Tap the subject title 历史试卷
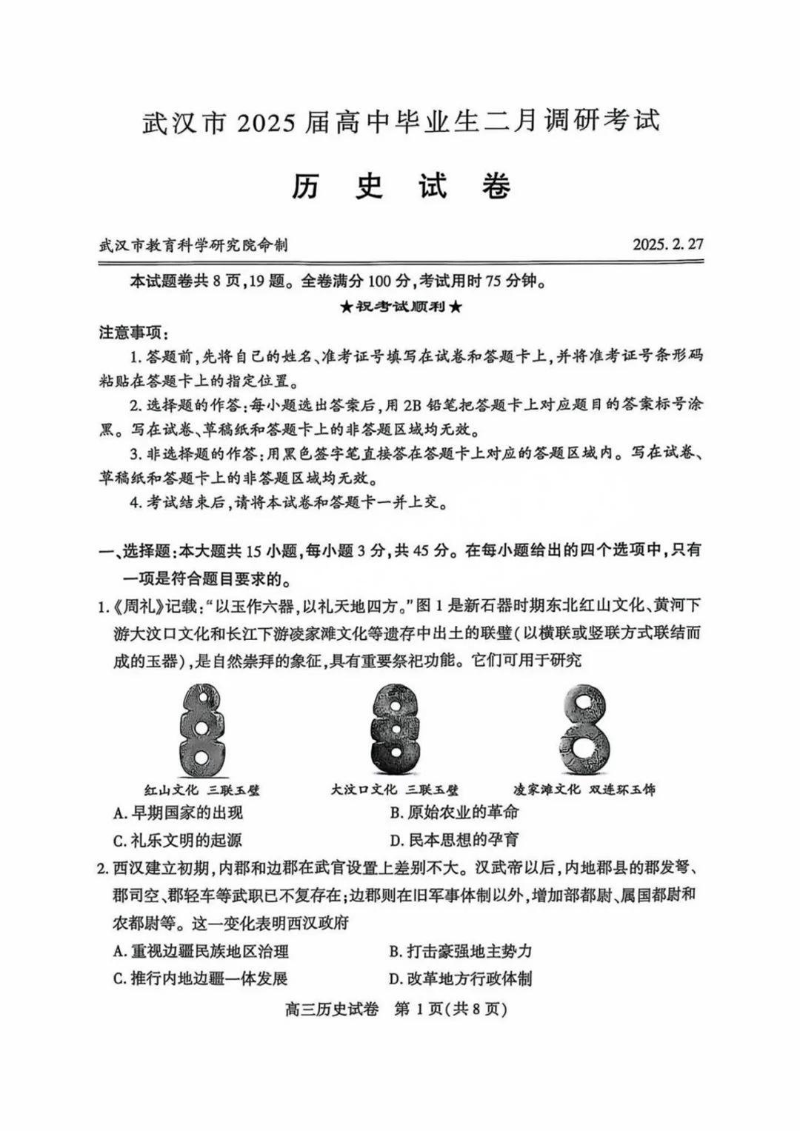coord(400,186)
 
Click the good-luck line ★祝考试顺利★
coord(401,307)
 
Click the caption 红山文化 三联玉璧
coord(201,790)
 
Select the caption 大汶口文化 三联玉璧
coord(395,790)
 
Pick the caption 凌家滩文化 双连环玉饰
coord(584,790)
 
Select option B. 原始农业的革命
coord(454,813)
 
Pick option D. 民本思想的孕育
coord(454,841)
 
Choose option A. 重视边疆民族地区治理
coord(201,952)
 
